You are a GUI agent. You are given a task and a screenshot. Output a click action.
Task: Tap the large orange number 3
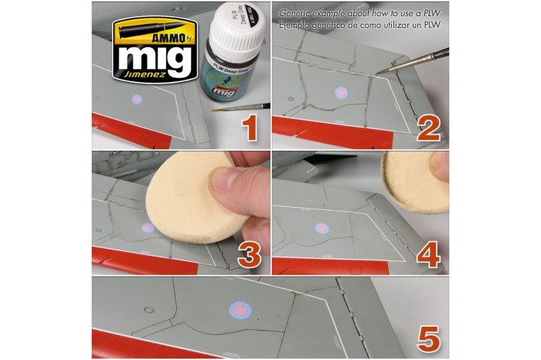(x=249, y=253)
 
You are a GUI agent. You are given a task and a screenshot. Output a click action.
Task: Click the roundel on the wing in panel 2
(x=342, y=92)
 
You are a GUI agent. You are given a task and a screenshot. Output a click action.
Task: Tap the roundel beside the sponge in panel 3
(x=148, y=229)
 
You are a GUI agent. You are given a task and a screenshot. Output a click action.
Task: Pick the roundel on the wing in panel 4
(x=321, y=228)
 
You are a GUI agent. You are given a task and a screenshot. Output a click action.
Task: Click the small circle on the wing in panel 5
(x=148, y=311)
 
